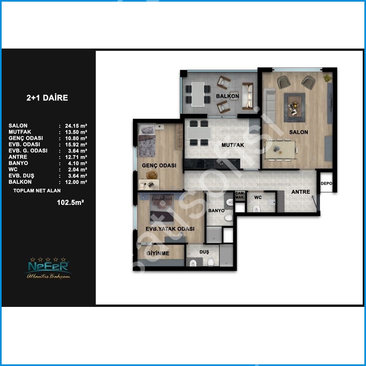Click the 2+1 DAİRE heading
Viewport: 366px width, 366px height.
pyautogui.click(x=47, y=98)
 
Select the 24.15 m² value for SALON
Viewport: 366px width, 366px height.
pyautogui.click(x=76, y=126)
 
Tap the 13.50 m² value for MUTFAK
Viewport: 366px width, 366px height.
pyautogui.click(x=76, y=132)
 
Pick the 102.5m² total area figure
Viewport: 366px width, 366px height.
pyautogui.click(x=71, y=202)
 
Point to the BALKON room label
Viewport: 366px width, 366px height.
pyautogui.click(x=227, y=96)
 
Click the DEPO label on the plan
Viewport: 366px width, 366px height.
pyautogui.click(x=326, y=183)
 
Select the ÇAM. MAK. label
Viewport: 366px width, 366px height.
pyautogui.click(x=240, y=195)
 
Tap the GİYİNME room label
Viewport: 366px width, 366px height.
pyautogui.click(x=158, y=253)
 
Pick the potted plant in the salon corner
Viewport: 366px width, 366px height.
pyautogui.click(x=327, y=78)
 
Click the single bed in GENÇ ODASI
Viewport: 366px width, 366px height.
pyautogui.click(x=147, y=140)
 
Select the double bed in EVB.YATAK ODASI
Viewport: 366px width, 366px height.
pyautogui.click(x=162, y=208)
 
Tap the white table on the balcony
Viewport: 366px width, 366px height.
pyautogui.click(x=198, y=94)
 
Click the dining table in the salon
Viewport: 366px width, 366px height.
pyautogui.click(x=281, y=150)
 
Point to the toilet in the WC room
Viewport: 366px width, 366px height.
pyautogui.click(x=256, y=209)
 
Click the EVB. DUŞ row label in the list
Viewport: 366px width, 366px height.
pyautogui.click(x=21, y=176)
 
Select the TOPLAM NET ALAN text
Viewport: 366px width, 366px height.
pyautogui.click(x=37, y=191)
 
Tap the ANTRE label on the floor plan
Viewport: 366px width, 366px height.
pyautogui.click(x=301, y=192)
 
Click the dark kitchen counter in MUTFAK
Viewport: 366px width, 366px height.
pyautogui.click(x=212, y=163)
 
